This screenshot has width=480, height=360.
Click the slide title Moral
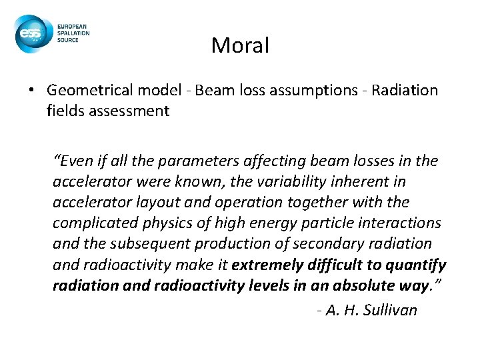tap(240, 45)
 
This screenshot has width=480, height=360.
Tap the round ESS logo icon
tap(31, 33)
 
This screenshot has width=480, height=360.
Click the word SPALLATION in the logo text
tap(73, 33)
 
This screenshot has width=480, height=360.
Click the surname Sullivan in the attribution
tap(389, 310)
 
